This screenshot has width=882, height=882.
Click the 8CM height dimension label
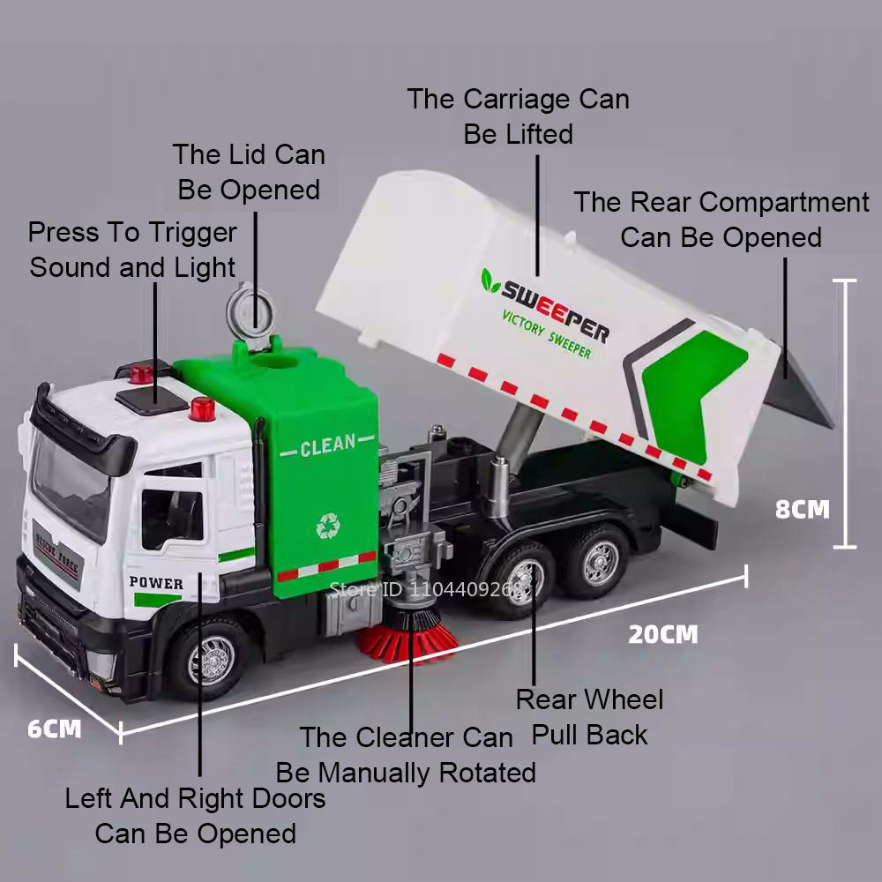(x=802, y=510)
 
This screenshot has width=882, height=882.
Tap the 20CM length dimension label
(x=662, y=634)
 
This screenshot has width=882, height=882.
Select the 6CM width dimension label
(x=55, y=729)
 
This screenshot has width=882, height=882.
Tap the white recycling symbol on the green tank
(x=328, y=527)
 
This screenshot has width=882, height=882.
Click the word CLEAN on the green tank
(x=327, y=446)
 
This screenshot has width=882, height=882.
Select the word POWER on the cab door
(x=156, y=583)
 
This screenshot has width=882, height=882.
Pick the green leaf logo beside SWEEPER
(x=490, y=280)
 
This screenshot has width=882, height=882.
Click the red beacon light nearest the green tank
(x=202, y=407)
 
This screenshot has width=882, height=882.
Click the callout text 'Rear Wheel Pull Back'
(x=589, y=717)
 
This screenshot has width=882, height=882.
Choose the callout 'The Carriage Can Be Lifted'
(x=518, y=116)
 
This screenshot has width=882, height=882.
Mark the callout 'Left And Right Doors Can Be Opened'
(x=195, y=816)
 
